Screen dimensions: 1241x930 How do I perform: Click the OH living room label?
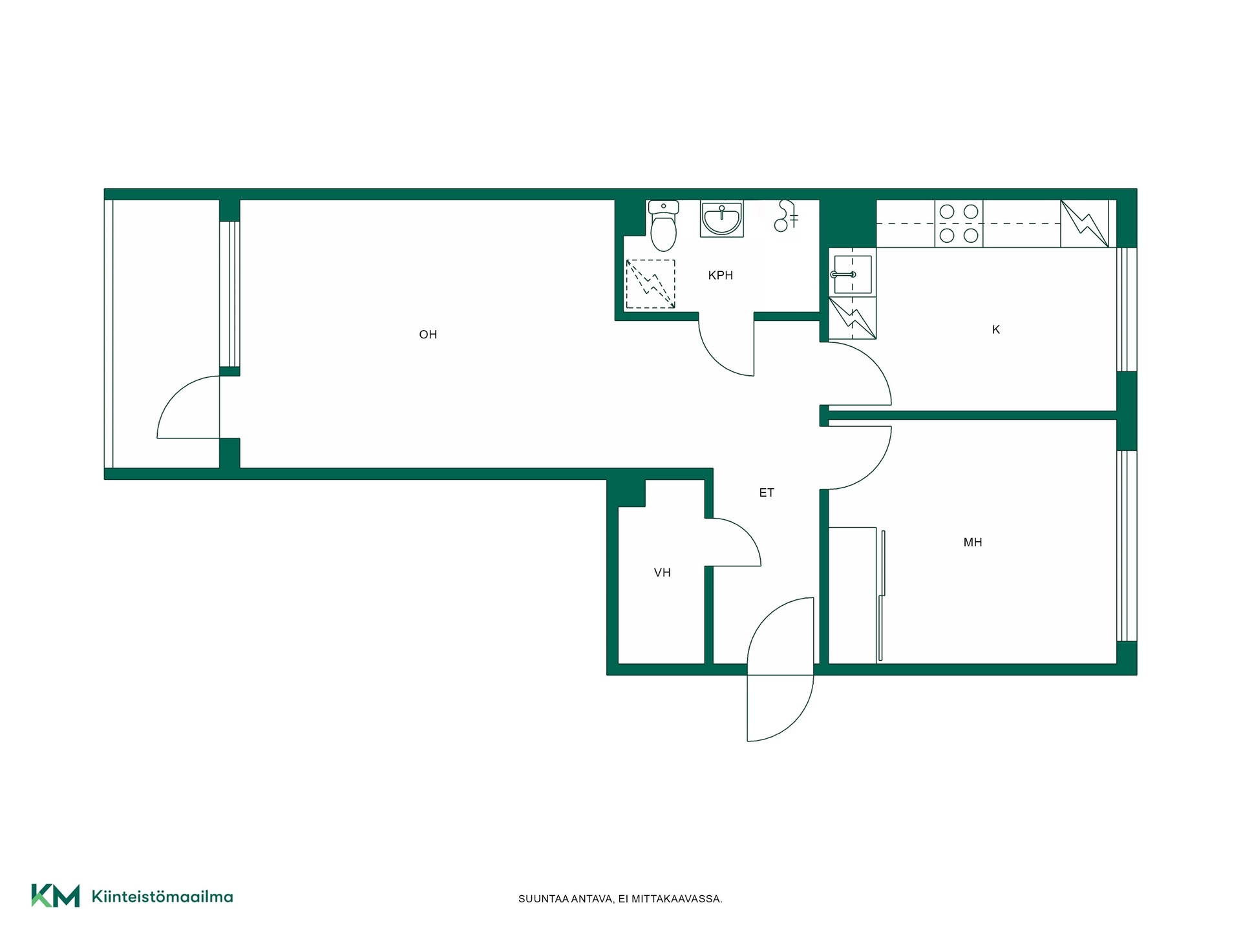coord(428,335)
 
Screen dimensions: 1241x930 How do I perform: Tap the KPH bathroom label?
coord(721,275)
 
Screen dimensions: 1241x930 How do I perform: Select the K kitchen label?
coord(996,329)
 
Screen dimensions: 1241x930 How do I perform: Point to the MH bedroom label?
coord(973,542)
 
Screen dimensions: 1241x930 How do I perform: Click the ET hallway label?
coord(767,493)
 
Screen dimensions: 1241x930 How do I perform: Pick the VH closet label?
coord(663,573)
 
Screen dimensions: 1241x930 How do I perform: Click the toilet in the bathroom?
coord(663,226)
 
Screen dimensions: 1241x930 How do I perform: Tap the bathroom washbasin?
coord(722,219)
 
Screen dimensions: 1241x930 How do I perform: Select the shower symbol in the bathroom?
coord(786,216)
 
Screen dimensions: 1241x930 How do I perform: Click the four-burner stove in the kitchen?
coord(959,223)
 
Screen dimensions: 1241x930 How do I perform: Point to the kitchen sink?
coord(852,274)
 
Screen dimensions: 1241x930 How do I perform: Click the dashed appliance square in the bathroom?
coord(650,284)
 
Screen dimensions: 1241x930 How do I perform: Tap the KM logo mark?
coord(56,896)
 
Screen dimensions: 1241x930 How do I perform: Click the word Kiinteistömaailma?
coord(162,896)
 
